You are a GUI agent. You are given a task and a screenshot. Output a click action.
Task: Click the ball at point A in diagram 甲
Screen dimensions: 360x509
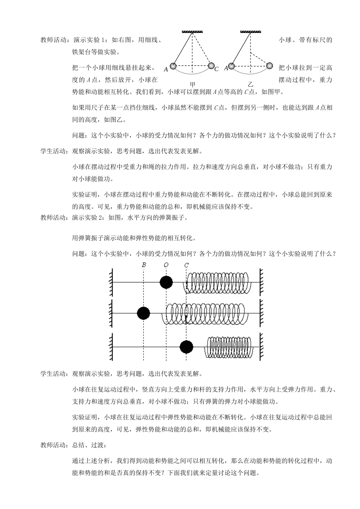173,66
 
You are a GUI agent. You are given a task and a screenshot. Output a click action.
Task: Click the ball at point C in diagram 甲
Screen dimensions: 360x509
211,66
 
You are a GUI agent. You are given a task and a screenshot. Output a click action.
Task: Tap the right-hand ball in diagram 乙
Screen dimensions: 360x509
269,66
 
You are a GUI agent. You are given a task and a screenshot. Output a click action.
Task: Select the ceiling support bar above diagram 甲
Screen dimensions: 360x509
192,32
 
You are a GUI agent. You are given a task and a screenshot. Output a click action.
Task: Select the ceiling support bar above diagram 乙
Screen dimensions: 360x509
250,32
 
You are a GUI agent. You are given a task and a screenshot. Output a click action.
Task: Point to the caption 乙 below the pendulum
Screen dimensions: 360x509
250,84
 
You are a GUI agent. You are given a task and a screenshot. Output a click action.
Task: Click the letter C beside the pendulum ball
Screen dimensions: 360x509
217,69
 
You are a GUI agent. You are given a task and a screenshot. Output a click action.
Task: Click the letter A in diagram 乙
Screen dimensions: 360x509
226,68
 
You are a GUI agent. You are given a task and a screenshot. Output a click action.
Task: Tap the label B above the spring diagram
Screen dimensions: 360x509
144,265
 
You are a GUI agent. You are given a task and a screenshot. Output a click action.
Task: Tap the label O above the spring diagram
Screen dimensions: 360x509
166,265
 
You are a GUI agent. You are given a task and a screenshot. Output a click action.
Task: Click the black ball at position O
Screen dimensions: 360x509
166,282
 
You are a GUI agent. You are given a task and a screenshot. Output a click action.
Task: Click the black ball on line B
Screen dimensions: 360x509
143,313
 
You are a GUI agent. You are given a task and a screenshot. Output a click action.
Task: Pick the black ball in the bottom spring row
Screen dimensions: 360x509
186,347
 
